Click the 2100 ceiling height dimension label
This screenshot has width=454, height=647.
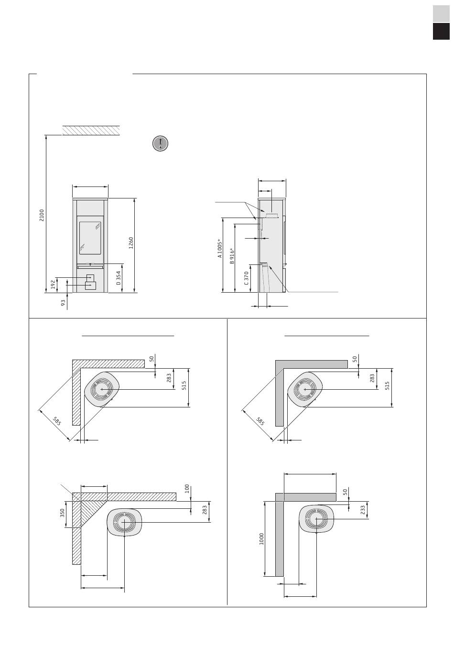42,215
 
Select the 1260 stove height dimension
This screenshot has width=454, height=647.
131,243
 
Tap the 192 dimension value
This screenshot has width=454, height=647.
53,285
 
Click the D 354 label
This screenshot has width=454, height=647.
119,278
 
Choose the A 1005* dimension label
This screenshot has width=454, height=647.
220,248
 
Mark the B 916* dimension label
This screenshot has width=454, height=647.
232,256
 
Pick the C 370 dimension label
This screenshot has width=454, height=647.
246,278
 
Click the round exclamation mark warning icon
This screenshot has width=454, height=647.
160,143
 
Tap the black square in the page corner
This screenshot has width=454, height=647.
441,31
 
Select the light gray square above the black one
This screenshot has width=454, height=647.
441,13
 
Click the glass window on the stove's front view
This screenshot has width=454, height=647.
90,238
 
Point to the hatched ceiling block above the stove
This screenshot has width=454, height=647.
91,130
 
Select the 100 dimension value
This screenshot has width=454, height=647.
187,488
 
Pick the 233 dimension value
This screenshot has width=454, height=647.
363,510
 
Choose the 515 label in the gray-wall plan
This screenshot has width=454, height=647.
387,385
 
